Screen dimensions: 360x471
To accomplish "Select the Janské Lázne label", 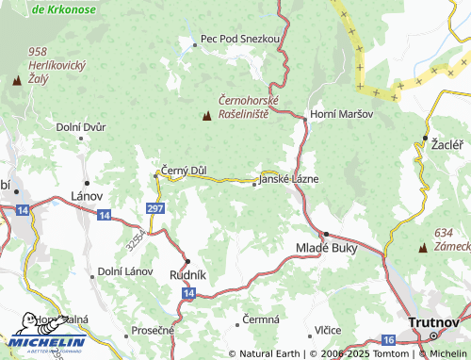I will (x=289, y=179).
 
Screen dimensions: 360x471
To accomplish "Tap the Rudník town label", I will (x=187, y=275).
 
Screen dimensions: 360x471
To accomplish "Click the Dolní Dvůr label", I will (x=80, y=126).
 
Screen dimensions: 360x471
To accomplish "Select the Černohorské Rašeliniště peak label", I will (x=244, y=106).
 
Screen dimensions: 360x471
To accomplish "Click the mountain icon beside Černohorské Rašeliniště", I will (x=206, y=116).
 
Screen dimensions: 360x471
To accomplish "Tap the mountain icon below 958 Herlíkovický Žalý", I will (x=16, y=80).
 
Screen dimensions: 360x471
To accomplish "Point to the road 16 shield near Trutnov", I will (x=388, y=338).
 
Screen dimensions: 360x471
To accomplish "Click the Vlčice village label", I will (x=328, y=331).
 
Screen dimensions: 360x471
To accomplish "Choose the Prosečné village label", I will (x=153, y=330).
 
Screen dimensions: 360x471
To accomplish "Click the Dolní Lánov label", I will (x=124, y=272).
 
